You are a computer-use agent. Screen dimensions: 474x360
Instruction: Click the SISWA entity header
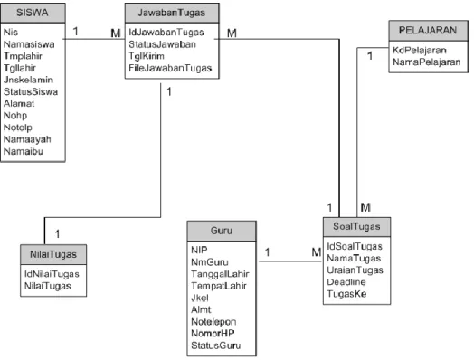coord(33,13)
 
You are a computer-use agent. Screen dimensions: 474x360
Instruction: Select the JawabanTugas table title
coord(172,13)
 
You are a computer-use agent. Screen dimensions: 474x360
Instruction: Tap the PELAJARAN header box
coord(428,30)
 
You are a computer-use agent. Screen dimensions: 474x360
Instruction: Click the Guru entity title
coord(222,231)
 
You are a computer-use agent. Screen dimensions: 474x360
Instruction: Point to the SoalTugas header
coord(356,227)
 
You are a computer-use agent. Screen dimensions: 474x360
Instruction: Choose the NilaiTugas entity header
coord(53,254)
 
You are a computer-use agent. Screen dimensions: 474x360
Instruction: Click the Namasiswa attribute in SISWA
coord(29,44)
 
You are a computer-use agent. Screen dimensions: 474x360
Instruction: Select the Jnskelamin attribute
coord(28,80)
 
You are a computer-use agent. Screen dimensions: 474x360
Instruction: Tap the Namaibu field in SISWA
coord(24,151)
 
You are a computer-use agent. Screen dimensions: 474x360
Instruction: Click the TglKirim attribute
coord(147,56)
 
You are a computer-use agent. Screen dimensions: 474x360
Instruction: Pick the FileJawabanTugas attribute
coord(170,68)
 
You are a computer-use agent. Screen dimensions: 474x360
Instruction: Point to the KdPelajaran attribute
coord(420,50)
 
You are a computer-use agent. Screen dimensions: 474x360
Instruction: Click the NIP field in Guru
coord(199,250)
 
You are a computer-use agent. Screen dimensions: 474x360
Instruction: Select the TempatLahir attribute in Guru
coord(219,286)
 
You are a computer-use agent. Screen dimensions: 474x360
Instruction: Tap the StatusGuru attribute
coord(216,346)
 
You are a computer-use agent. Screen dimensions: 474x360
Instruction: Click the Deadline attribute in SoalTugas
coord(346,282)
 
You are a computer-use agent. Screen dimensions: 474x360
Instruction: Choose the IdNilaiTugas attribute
coord(52,274)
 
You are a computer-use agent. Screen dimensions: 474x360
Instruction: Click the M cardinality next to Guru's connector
coord(317,252)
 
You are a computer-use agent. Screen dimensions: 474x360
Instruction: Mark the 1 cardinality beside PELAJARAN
coord(370,56)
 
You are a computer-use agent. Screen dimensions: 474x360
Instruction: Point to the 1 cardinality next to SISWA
coord(76,31)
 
